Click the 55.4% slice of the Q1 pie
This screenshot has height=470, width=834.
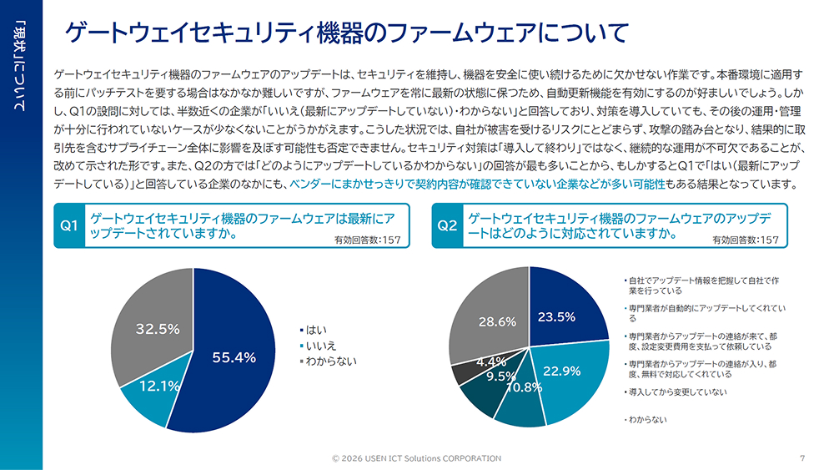coord(234,357)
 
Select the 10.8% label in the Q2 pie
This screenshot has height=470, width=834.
coord(524,387)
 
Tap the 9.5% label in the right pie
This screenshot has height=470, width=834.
coord(501,377)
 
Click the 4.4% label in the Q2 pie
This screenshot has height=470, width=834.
coord(490,362)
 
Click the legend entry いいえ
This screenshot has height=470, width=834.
coord(321,345)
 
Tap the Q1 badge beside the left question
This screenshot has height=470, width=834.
coord(69,225)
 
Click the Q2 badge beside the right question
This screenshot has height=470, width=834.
coord(448,225)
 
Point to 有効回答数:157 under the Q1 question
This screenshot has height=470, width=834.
coord(367,240)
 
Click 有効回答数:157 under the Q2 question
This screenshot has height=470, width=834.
coord(746,240)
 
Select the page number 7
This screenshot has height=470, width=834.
coord(801,457)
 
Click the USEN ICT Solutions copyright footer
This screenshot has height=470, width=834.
coord(416,458)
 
